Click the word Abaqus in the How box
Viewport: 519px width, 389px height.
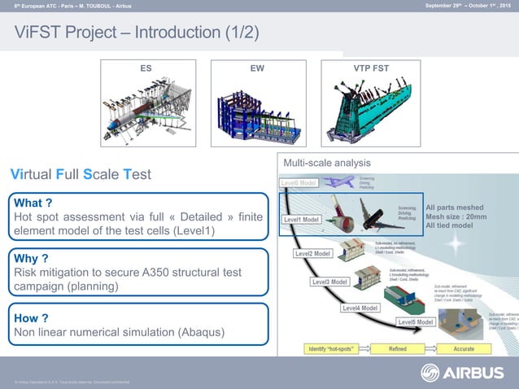(x=187, y=333)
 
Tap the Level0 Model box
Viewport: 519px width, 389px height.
(x=299, y=183)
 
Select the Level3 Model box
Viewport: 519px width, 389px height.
(x=329, y=282)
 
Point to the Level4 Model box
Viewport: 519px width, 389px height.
(x=360, y=308)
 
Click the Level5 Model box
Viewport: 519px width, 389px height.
(x=417, y=321)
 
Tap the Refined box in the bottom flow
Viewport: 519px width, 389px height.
(x=398, y=348)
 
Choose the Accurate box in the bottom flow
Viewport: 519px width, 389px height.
(x=464, y=348)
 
